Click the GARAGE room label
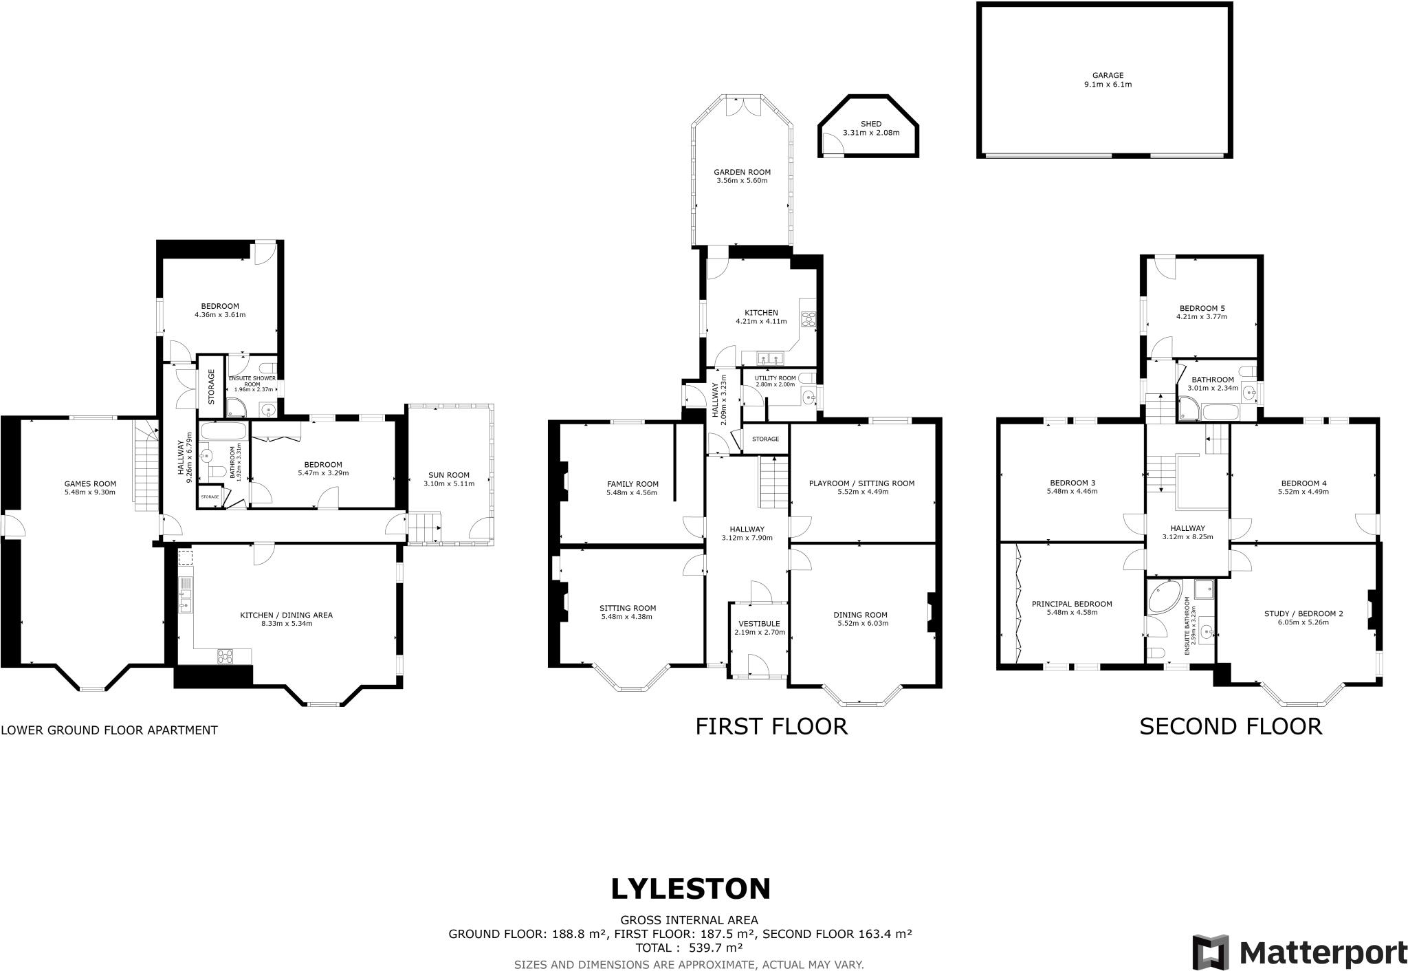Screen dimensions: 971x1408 1108,76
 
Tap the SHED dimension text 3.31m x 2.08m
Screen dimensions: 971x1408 870,133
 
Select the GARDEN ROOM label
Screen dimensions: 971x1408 742,172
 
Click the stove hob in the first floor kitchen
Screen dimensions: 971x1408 808,318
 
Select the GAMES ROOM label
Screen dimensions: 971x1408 90,483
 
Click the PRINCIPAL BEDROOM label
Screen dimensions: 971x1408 1072,604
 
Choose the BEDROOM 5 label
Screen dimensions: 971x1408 1202,308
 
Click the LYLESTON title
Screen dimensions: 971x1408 690,889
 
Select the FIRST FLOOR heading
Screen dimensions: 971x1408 771,727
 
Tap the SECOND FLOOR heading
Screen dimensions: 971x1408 1231,727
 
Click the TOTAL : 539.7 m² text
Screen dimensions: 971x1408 689,948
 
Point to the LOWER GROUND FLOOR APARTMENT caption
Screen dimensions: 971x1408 109,730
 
